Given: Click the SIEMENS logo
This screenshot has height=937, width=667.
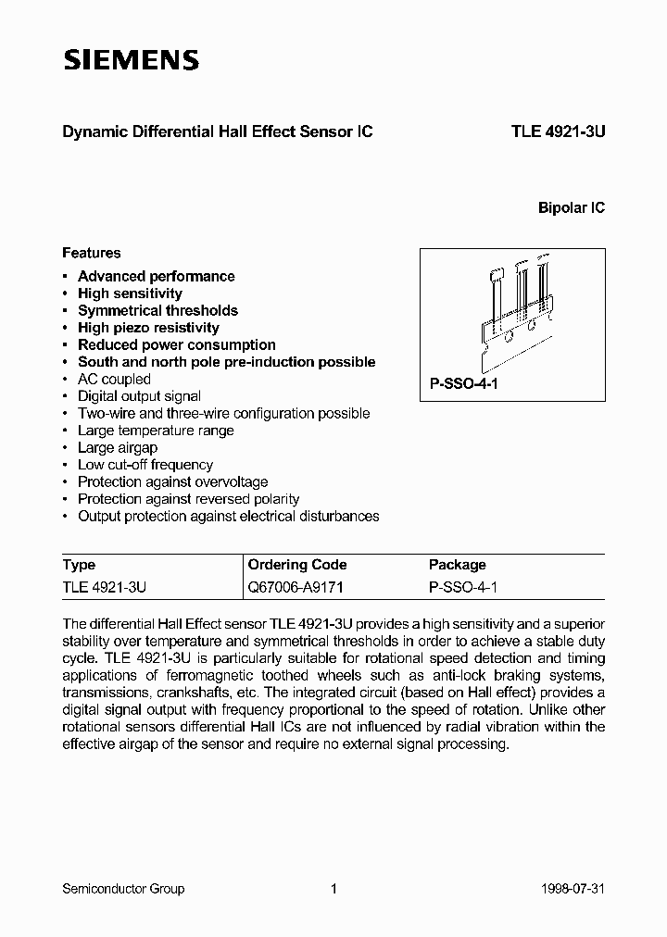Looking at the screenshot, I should [131, 61].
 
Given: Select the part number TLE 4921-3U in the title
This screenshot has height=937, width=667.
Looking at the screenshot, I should [558, 132].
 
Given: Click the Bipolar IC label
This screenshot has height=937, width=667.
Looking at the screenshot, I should [572, 208].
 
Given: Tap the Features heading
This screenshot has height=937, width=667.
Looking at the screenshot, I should [91, 253].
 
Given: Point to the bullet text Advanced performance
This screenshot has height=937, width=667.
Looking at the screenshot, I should [156, 276].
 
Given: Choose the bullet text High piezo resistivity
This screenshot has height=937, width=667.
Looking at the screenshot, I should [148, 328].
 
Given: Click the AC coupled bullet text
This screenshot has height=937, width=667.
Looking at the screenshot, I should [114, 380].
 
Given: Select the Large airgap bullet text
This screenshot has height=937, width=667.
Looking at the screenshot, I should [118, 448].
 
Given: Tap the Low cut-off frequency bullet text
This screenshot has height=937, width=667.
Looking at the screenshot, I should [145, 465].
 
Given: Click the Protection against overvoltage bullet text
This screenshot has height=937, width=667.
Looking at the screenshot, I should [172, 482].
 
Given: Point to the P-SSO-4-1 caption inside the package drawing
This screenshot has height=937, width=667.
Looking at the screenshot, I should [463, 383].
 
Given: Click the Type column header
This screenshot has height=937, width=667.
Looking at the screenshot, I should [79, 565].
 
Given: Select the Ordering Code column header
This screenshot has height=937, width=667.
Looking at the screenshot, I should [297, 565].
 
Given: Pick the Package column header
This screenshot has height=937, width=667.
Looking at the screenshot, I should [457, 565].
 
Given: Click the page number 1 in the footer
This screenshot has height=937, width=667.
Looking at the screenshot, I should [333, 889].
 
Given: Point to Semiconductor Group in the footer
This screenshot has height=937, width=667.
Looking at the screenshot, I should [123, 889].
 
